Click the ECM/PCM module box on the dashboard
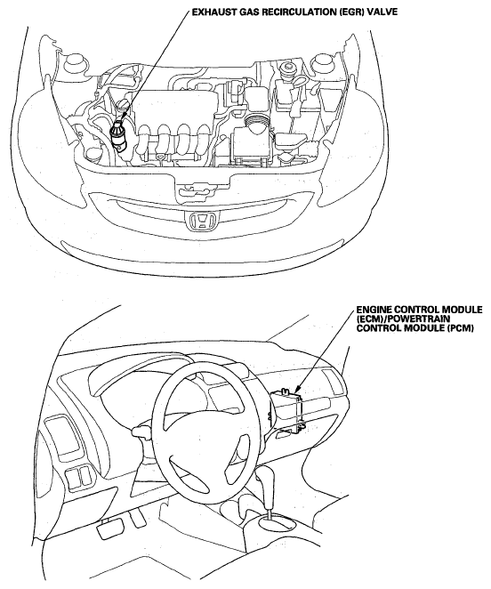click(288, 410)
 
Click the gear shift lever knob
click(268, 478)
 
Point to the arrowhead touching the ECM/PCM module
click(296, 390)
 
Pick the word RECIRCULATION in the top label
click(294, 12)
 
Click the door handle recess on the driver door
click(62, 438)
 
